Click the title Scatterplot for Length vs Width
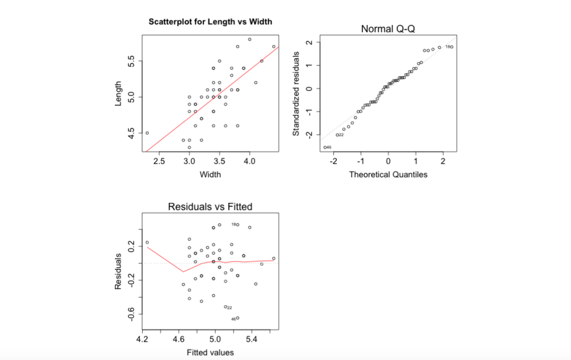[210, 22]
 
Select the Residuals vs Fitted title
[210, 207]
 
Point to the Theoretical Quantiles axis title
[388, 174]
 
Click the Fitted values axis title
[210, 352]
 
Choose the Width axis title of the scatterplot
[210, 174]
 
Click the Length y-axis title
[118, 94]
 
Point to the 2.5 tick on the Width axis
[159, 162]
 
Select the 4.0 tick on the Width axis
[250, 162]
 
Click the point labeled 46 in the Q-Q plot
[325, 147]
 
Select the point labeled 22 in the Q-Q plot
[337, 135]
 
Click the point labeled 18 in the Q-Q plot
[452, 47]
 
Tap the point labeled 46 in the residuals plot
[238, 318]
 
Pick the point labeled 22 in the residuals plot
[225, 307]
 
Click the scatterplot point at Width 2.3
[147, 133]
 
